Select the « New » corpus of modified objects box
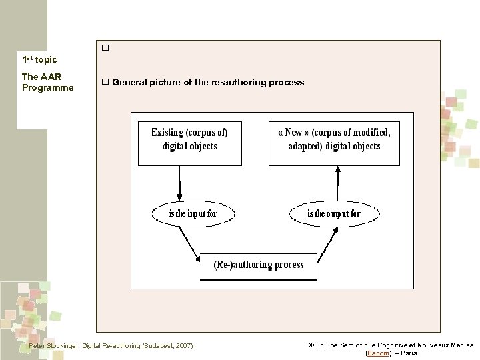pyautogui.click(x=334, y=143)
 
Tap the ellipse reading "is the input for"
pyautogui.click(x=193, y=213)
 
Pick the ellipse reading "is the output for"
pyautogui.click(x=334, y=213)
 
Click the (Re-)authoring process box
pyautogui.click(x=259, y=265)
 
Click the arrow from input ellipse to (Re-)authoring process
pyautogui.click(x=189, y=243)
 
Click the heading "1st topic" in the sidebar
pyautogui.click(x=39, y=60)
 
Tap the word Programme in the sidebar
pyautogui.click(x=47, y=87)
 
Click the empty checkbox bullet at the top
pyautogui.click(x=105, y=49)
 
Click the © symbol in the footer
pyautogui.click(x=311, y=345)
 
